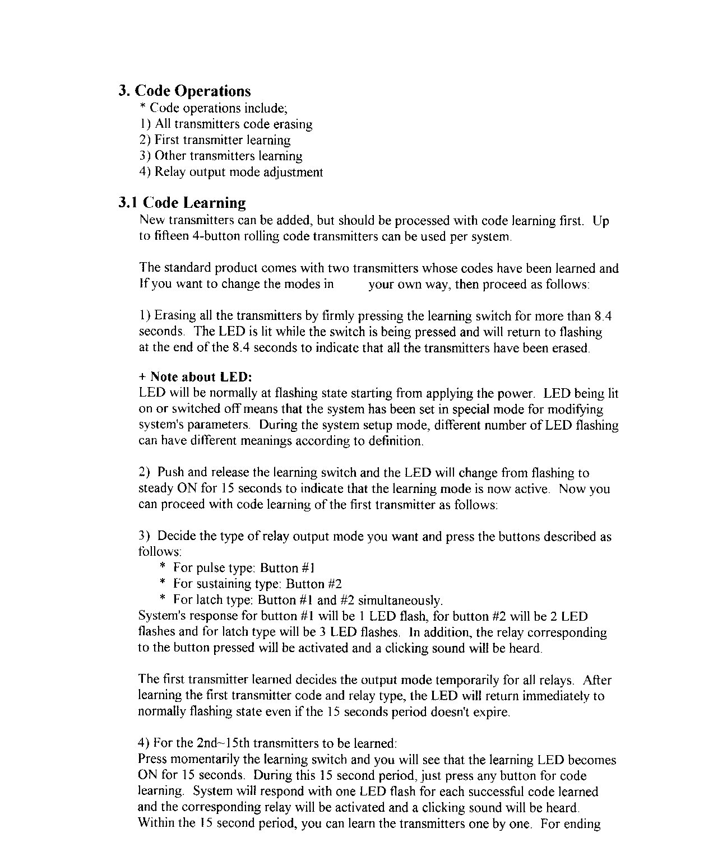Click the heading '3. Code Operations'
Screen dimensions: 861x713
click(x=185, y=91)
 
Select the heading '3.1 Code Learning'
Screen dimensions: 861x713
click(x=182, y=202)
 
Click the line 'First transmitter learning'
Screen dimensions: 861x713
click(x=223, y=140)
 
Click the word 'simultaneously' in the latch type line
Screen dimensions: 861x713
click(x=400, y=600)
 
